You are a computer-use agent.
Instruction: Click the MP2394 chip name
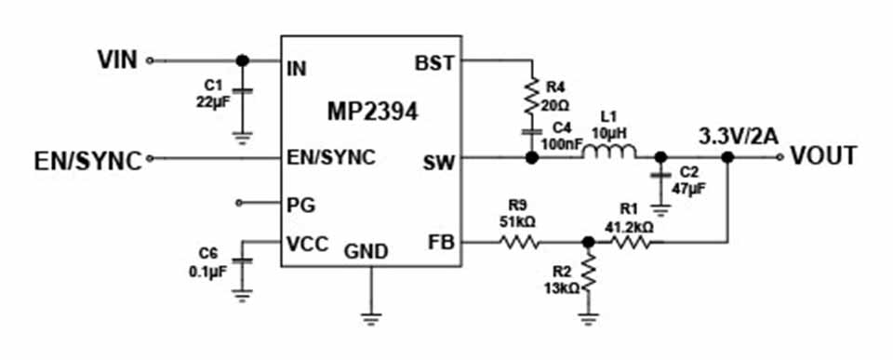[372, 112]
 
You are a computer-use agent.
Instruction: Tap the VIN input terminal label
[117, 60]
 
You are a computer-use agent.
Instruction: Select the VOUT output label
[823, 156]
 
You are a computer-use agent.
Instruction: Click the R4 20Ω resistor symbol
[531, 96]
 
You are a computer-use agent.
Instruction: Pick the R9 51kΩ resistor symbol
[519, 243]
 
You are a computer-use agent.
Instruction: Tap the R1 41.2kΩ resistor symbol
[631, 243]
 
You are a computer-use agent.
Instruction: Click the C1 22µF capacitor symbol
[243, 92]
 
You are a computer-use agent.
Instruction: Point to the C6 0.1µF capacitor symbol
[243, 261]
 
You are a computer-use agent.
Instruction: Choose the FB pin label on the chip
[442, 243]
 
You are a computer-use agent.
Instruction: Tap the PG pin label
[301, 204]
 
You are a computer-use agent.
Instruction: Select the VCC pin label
[308, 244]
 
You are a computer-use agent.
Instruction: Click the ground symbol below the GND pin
[371, 319]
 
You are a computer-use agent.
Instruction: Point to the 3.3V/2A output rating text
[739, 138]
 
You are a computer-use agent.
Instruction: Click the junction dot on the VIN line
[243, 60]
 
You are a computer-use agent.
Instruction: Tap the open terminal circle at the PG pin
[239, 202]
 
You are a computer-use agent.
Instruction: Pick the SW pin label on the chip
[439, 164]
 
